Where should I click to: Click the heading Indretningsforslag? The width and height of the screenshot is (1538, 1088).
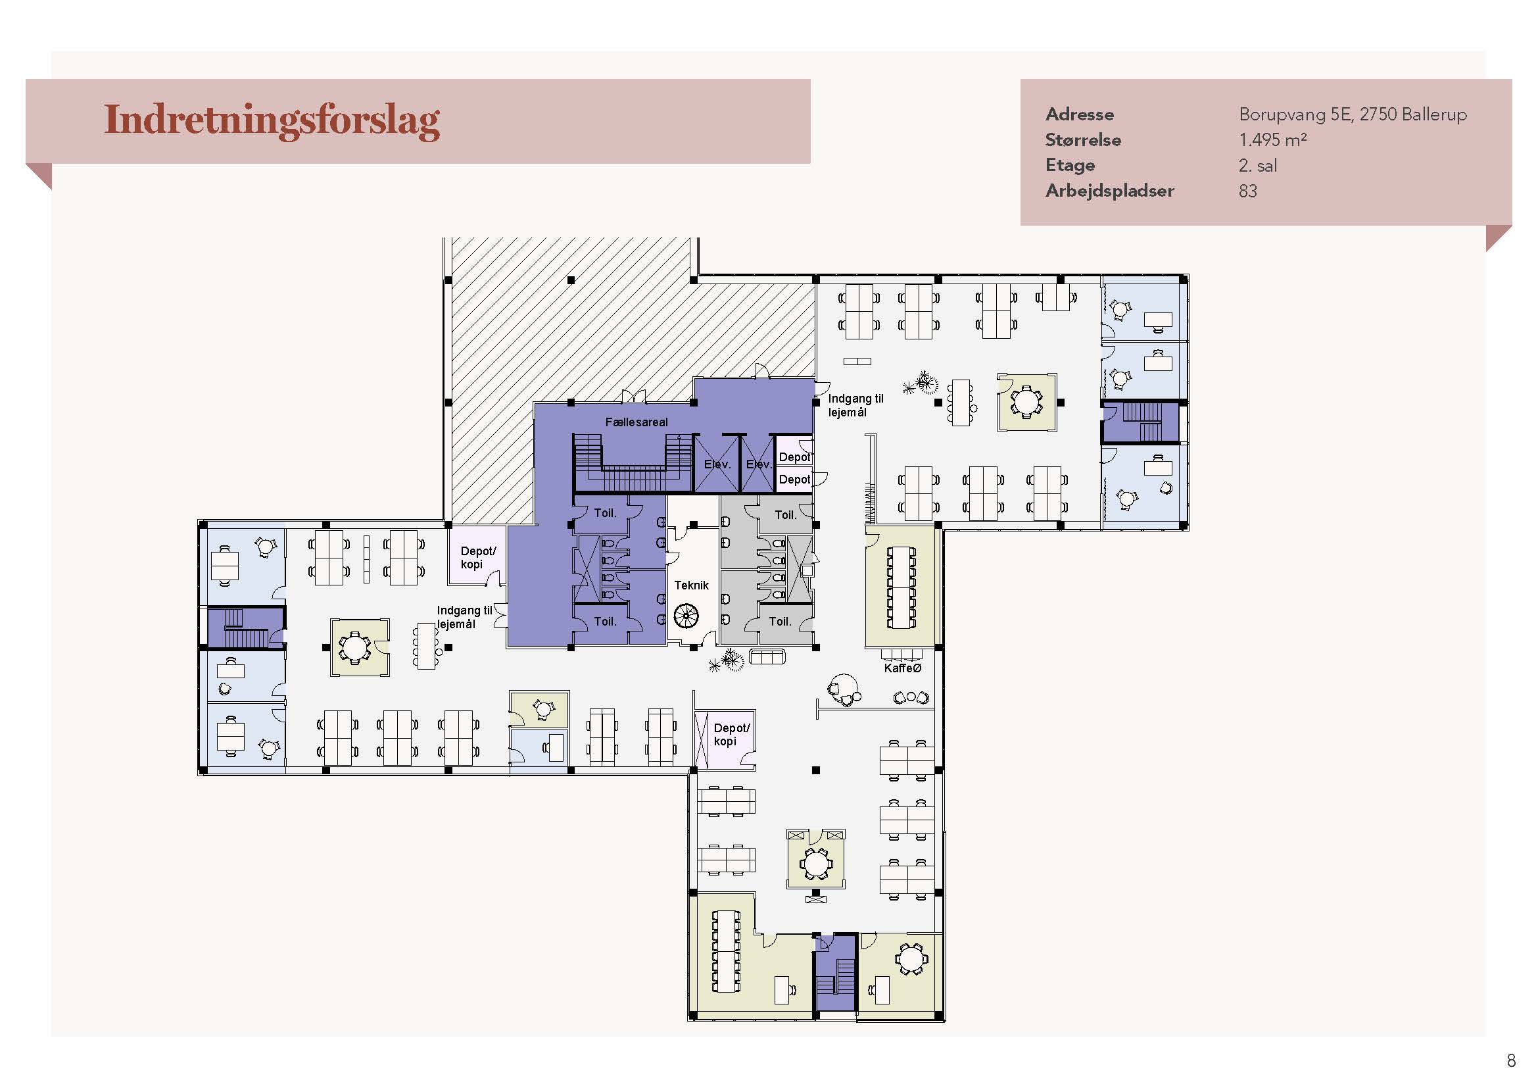click(x=272, y=121)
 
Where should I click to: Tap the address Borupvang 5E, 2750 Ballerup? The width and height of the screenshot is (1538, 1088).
click(x=1353, y=114)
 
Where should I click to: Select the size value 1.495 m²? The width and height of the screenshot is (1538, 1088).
click(x=1273, y=139)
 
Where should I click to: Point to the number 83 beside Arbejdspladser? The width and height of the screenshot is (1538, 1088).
click(x=1248, y=191)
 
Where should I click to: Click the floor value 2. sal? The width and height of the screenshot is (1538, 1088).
click(x=1258, y=166)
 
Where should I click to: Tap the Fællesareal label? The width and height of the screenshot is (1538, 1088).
click(x=637, y=422)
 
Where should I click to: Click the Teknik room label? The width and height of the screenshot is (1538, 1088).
click(x=691, y=585)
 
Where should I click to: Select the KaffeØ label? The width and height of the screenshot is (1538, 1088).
click(x=902, y=668)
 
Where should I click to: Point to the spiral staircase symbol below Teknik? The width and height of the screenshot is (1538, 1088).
click(x=686, y=616)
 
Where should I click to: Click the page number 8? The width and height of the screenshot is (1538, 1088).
click(x=1511, y=1060)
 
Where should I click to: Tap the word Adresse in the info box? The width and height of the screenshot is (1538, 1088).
click(x=1080, y=114)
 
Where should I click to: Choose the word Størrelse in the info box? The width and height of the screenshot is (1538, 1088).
click(x=1083, y=140)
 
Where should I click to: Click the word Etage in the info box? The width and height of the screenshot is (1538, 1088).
click(x=1070, y=166)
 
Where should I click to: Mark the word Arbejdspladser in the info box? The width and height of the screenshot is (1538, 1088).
click(x=1110, y=191)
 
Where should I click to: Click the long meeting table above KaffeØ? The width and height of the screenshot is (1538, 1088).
click(x=901, y=587)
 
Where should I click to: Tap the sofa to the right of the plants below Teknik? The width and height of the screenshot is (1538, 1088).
click(x=767, y=656)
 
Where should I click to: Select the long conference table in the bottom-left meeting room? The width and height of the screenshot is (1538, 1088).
click(x=726, y=951)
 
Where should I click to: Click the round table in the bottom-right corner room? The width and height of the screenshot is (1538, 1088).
click(x=910, y=958)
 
